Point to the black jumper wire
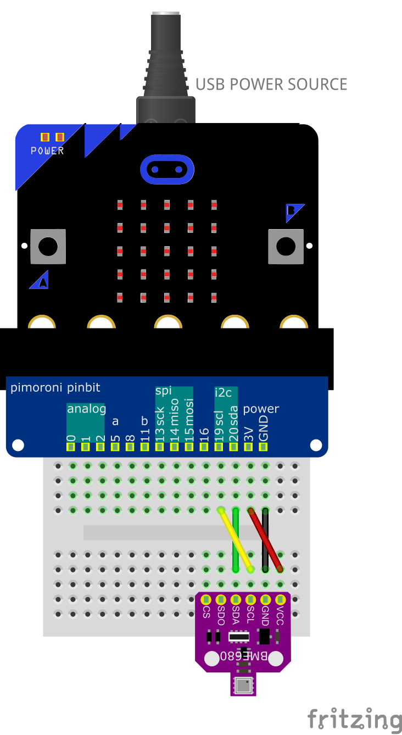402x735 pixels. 265,527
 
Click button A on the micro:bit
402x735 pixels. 48,246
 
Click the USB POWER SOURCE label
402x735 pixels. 271,85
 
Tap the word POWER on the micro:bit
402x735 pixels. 47,151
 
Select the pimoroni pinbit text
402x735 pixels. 55,388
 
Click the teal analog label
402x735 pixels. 86,409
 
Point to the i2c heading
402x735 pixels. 224,392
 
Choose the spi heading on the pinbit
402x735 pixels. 164,391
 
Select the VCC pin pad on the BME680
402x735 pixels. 280,599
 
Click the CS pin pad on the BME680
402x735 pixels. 206,599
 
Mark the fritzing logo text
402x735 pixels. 354,718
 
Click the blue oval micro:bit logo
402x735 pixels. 167,169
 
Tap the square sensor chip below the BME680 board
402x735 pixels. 243,685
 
